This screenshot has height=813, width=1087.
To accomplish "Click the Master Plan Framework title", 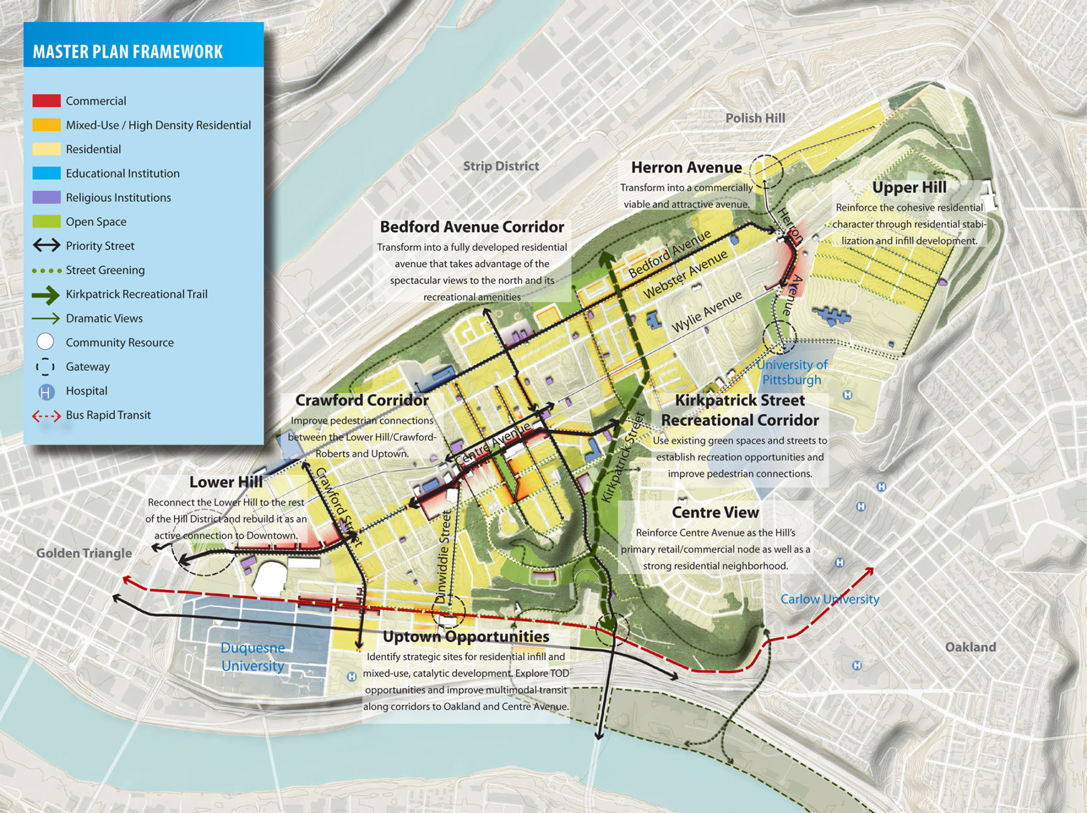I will [127, 52].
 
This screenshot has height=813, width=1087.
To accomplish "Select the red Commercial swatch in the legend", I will [46, 101].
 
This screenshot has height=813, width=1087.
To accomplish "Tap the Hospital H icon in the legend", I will [46, 392].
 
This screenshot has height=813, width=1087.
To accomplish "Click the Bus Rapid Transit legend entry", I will [107, 415].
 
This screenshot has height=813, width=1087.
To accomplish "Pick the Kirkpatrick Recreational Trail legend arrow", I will [46, 295].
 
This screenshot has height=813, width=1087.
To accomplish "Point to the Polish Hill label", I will [755, 118].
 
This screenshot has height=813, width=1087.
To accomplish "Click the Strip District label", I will [501, 166].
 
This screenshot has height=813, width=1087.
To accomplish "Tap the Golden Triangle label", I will [84, 553].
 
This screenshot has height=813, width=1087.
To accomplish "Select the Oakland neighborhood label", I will [970, 647].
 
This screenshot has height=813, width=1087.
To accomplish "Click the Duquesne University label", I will [252, 657].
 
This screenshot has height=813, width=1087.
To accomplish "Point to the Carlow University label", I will [829, 599].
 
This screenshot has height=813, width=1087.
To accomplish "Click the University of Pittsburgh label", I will [792, 372].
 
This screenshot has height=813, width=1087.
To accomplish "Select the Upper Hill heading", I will [909, 188].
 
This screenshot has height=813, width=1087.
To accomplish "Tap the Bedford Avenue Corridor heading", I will [472, 227].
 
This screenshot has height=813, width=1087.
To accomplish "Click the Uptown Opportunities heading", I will [466, 637].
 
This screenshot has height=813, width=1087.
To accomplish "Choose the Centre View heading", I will [715, 513].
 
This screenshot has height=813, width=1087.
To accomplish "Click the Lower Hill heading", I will [226, 482].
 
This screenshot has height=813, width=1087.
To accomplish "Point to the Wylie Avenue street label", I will [707, 312].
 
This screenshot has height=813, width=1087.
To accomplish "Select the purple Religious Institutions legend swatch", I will [46, 198].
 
